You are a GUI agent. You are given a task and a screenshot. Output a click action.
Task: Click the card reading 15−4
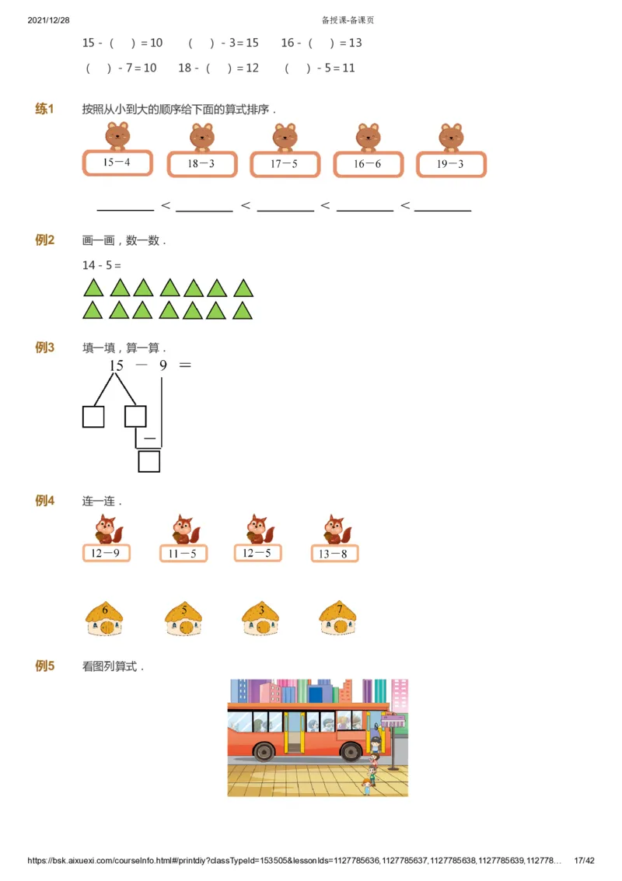click(x=117, y=163)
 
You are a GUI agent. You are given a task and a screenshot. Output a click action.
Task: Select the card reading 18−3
click(x=201, y=164)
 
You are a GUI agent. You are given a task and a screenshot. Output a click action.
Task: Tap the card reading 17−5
click(x=285, y=164)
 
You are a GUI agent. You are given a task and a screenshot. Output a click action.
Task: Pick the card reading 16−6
click(x=368, y=164)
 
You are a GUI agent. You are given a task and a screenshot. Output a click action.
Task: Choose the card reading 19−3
click(x=451, y=164)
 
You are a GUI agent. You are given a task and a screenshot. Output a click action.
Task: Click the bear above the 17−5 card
click(x=285, y=137)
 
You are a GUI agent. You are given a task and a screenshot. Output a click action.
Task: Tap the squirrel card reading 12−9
click(x=106, y=553)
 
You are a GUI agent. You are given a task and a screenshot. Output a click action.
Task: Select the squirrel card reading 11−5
click(x=183, y=554)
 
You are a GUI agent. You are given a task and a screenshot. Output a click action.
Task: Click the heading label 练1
click(x=44, y=109)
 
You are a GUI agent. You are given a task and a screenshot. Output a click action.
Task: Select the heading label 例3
click(x=44, y=348)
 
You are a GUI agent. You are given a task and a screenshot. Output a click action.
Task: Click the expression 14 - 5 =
click(x=102, y=265)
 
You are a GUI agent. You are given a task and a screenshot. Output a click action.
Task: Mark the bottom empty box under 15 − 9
click(x=149, y=462)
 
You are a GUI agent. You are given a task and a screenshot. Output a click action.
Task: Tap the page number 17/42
click(x=584, y=861)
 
